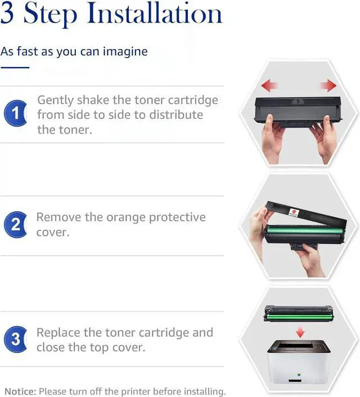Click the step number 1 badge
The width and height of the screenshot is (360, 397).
(15, 113)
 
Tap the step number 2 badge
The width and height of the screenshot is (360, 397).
(15, 225)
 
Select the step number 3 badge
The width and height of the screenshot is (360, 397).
(15, 339)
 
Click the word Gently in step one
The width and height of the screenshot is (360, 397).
(55, 100)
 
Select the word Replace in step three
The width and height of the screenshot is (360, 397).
(58, 333)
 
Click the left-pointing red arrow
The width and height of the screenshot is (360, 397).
(269, 86)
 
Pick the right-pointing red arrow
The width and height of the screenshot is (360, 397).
(328, 86)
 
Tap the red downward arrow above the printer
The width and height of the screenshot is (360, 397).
(300, 332)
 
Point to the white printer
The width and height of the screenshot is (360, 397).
(299, 362)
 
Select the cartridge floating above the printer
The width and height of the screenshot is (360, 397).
(299, 314)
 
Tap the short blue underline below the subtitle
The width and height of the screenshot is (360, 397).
(15, 68)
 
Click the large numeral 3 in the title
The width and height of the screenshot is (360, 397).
(7, 13)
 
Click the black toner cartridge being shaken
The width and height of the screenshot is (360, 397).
(298, 111)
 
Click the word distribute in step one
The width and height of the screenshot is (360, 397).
(176, 115)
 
